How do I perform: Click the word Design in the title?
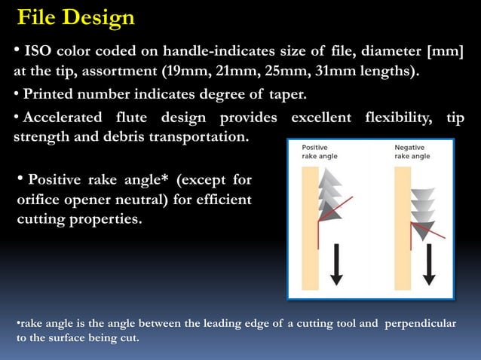pyautogui.click(x=102, y=17)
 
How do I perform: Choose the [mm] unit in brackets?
pyautogui.click(x=445, y=51)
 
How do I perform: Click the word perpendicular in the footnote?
pyautogui.click(x=421, y=323)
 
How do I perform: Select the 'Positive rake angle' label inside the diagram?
pyautogui.click(x=320, y=151)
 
